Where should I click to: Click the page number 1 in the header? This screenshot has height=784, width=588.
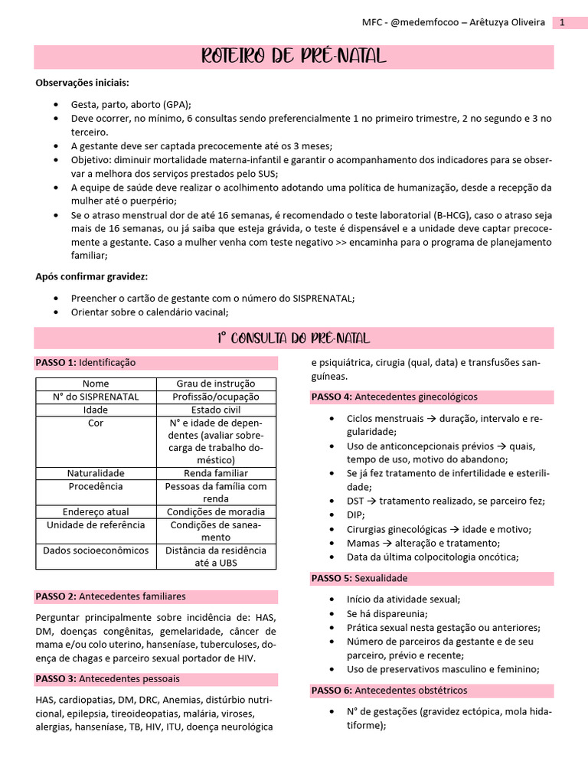tap(562, 23)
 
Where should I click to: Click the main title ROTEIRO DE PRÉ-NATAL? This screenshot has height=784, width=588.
tap(294, 57)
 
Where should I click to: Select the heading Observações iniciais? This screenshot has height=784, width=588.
tap(83, 83)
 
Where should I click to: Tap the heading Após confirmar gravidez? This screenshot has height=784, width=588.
tap(92, 276)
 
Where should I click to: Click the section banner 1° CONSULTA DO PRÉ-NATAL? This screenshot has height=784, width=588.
tap(294, 338)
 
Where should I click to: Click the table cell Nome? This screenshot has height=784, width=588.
tap(96, 384)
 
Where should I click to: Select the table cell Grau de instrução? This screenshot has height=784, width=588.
tap(216, 384)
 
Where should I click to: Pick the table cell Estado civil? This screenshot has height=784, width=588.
tap(216, 410)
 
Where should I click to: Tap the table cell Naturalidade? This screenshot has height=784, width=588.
tap(96, 473)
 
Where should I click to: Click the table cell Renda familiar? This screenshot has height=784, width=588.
tap(216, 473)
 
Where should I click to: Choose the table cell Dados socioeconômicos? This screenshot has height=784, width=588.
tap(96, 550)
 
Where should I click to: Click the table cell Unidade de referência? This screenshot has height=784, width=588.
tap(96, 524)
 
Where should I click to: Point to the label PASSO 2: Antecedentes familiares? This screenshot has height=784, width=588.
tap(110, 596)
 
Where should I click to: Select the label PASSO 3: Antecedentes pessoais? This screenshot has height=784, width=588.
tap(107, 679)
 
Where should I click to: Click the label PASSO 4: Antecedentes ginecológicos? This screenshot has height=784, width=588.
tap(394, 397)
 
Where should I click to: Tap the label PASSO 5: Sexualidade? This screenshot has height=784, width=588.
tap(359, 578)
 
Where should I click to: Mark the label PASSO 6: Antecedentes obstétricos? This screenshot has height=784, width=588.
tap(388, 691)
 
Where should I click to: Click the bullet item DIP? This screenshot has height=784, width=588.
tap(355, 515)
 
